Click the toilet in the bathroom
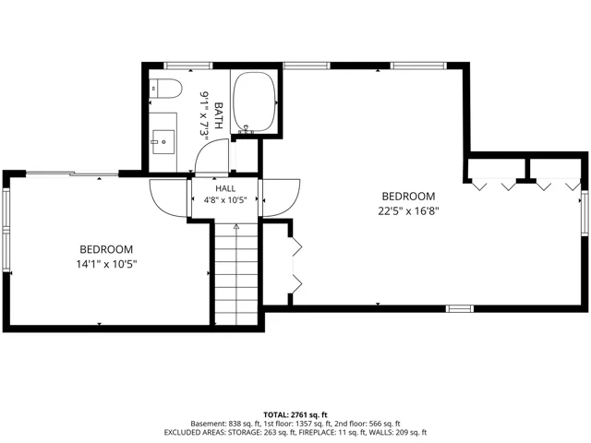pyautogui.click(x=165, y=89)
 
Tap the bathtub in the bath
pyautogui.click(x=254, y=102)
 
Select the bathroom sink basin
pyautogui.click(x=163, y=142)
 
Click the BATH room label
pyautogui.click(x=218, y=115)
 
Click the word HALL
pyautogui.click(x=225, y=188)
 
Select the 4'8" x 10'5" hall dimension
pyautogui.click(x=225, y=200)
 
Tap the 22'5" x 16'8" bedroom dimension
pyautogui.click(x=408, y=211)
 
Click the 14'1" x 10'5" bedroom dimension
pyautogui.click(x=106, y=264)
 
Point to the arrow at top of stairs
pyautogui.click(x=236, y=226)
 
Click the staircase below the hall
pyautogui.click(x=236, y=274)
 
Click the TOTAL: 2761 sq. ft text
pyautogui.click(x=295, y=415)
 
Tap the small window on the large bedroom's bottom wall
pyautogui.click(x=460, y=309)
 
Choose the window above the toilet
pyautogui.click(x=188, y=66)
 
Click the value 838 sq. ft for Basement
pyautogui.click(x=241, y=424)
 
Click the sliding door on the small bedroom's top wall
pyautogui.click(x=72, y=174)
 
